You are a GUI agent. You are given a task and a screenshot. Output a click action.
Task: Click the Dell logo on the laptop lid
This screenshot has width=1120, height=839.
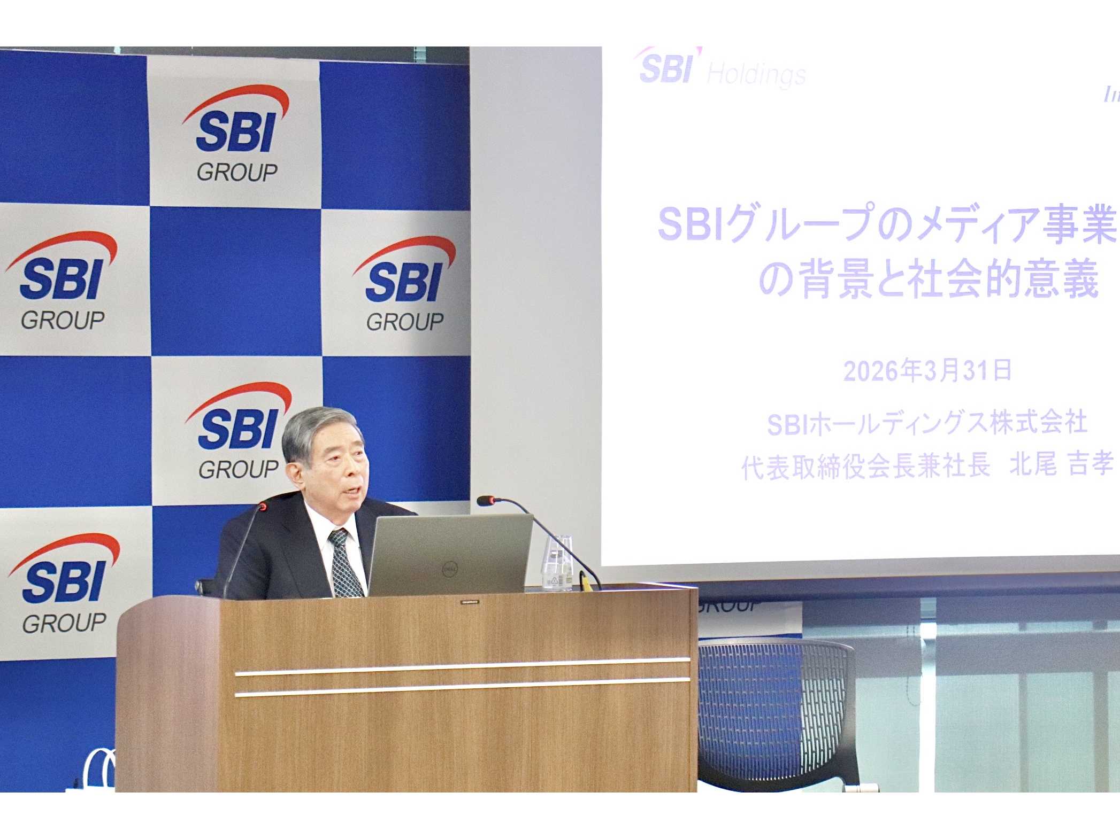click(x=450, y=570)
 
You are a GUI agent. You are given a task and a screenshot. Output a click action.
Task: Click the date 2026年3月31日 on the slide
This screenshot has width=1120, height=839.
click(x=927, y=370)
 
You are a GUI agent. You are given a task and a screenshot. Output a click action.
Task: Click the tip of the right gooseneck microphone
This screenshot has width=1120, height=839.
click(x=485, y=501)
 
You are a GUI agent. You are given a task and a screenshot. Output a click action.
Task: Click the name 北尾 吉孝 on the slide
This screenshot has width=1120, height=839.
click(x=1061, y=464)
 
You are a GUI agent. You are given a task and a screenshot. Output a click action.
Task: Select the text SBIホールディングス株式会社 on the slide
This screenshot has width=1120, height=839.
click(x=927, y=423)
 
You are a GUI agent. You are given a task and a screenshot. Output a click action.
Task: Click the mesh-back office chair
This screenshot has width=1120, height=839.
click(x=776, y=711)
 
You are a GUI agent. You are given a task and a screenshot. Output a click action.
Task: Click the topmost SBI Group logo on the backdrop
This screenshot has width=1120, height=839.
click(x=235, y=134)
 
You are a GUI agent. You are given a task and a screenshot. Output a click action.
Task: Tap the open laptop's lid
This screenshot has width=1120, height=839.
click(x=449, y=553)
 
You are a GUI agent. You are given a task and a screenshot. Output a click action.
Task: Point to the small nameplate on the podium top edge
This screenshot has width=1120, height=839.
click(x=469, y=602)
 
